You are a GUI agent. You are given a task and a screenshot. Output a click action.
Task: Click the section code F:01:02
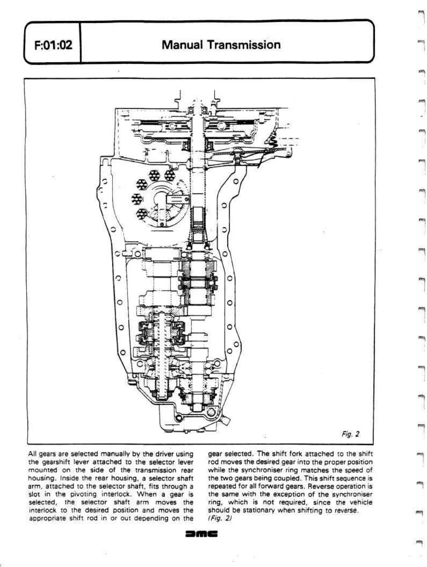tap(53, 45)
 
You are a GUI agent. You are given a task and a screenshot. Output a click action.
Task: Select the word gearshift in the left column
tap(54, 462)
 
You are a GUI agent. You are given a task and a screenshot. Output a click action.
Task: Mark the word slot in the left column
tap(33, 494)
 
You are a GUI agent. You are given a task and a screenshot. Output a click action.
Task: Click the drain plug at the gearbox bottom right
tap(225, 420)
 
